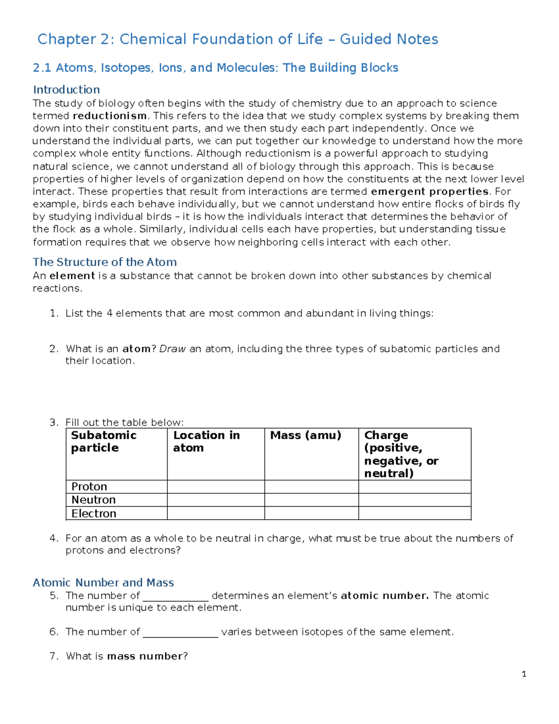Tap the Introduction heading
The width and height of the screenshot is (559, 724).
click(66, 90)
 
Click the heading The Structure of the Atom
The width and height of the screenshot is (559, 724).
click(104, 262)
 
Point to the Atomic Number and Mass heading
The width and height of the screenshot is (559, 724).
click(103, 582)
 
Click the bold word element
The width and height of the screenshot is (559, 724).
click(72, 276)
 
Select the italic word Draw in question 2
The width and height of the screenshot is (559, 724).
click(172, 349)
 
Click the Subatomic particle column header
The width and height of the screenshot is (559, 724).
click(103, 441)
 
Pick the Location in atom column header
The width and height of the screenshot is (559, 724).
click(206, 441)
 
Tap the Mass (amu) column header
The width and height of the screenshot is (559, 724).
click(306, 435)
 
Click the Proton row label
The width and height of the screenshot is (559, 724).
click(89, 487)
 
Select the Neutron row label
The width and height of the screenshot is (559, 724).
click(93, 500)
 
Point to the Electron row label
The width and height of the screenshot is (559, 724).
click(94, 513)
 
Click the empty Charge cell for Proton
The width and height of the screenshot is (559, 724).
click(415, 487)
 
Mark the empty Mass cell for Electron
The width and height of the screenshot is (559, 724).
click(311, 513)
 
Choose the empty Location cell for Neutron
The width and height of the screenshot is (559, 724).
click(216, 500)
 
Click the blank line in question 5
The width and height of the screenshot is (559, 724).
click(176, 596)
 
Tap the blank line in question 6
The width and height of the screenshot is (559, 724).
click(181, 633)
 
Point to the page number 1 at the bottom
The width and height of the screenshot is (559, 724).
click(524, 674)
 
